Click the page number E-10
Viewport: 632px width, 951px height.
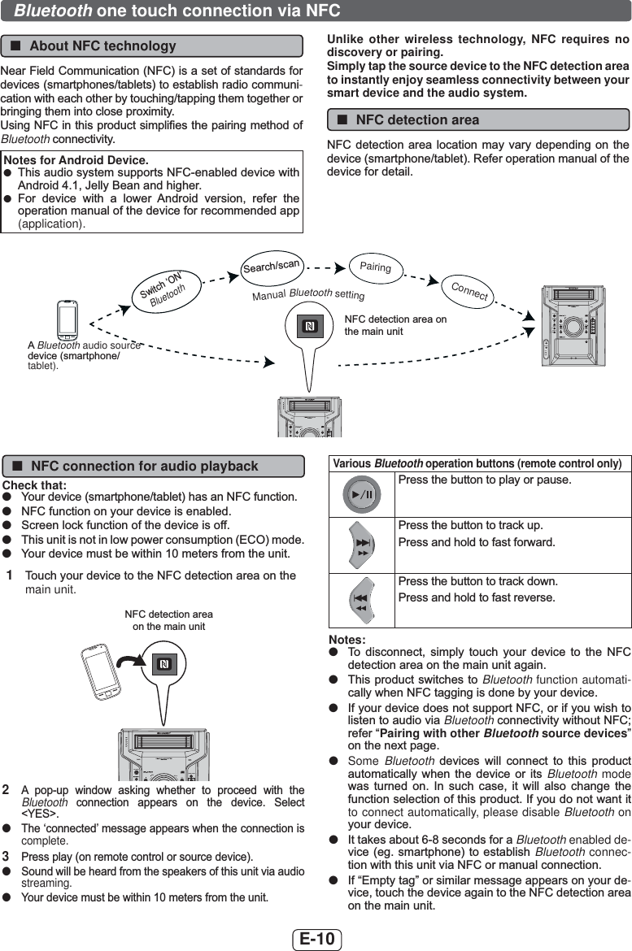point(317,939)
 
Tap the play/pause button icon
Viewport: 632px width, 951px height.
point(362,494)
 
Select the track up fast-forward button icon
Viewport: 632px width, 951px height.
point(362,545)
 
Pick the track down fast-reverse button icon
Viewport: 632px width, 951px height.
point(362,601)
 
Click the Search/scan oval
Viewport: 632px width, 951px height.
point(271,267)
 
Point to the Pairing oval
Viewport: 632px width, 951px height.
point(375,267)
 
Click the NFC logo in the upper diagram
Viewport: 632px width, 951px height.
point(310,327)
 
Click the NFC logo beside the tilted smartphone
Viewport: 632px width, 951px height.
point(163,664)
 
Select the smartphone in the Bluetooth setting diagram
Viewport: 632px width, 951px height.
point(67,319)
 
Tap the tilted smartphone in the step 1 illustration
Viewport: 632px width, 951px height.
point(102,671)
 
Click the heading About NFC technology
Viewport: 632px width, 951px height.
point(102,46)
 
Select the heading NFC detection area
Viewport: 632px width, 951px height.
point(417,120)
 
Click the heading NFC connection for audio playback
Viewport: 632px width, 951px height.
point(145,467)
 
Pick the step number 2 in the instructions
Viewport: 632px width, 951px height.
point(6,790)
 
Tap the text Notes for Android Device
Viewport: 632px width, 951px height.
point(76,160)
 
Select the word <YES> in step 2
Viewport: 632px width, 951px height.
point(40,814)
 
